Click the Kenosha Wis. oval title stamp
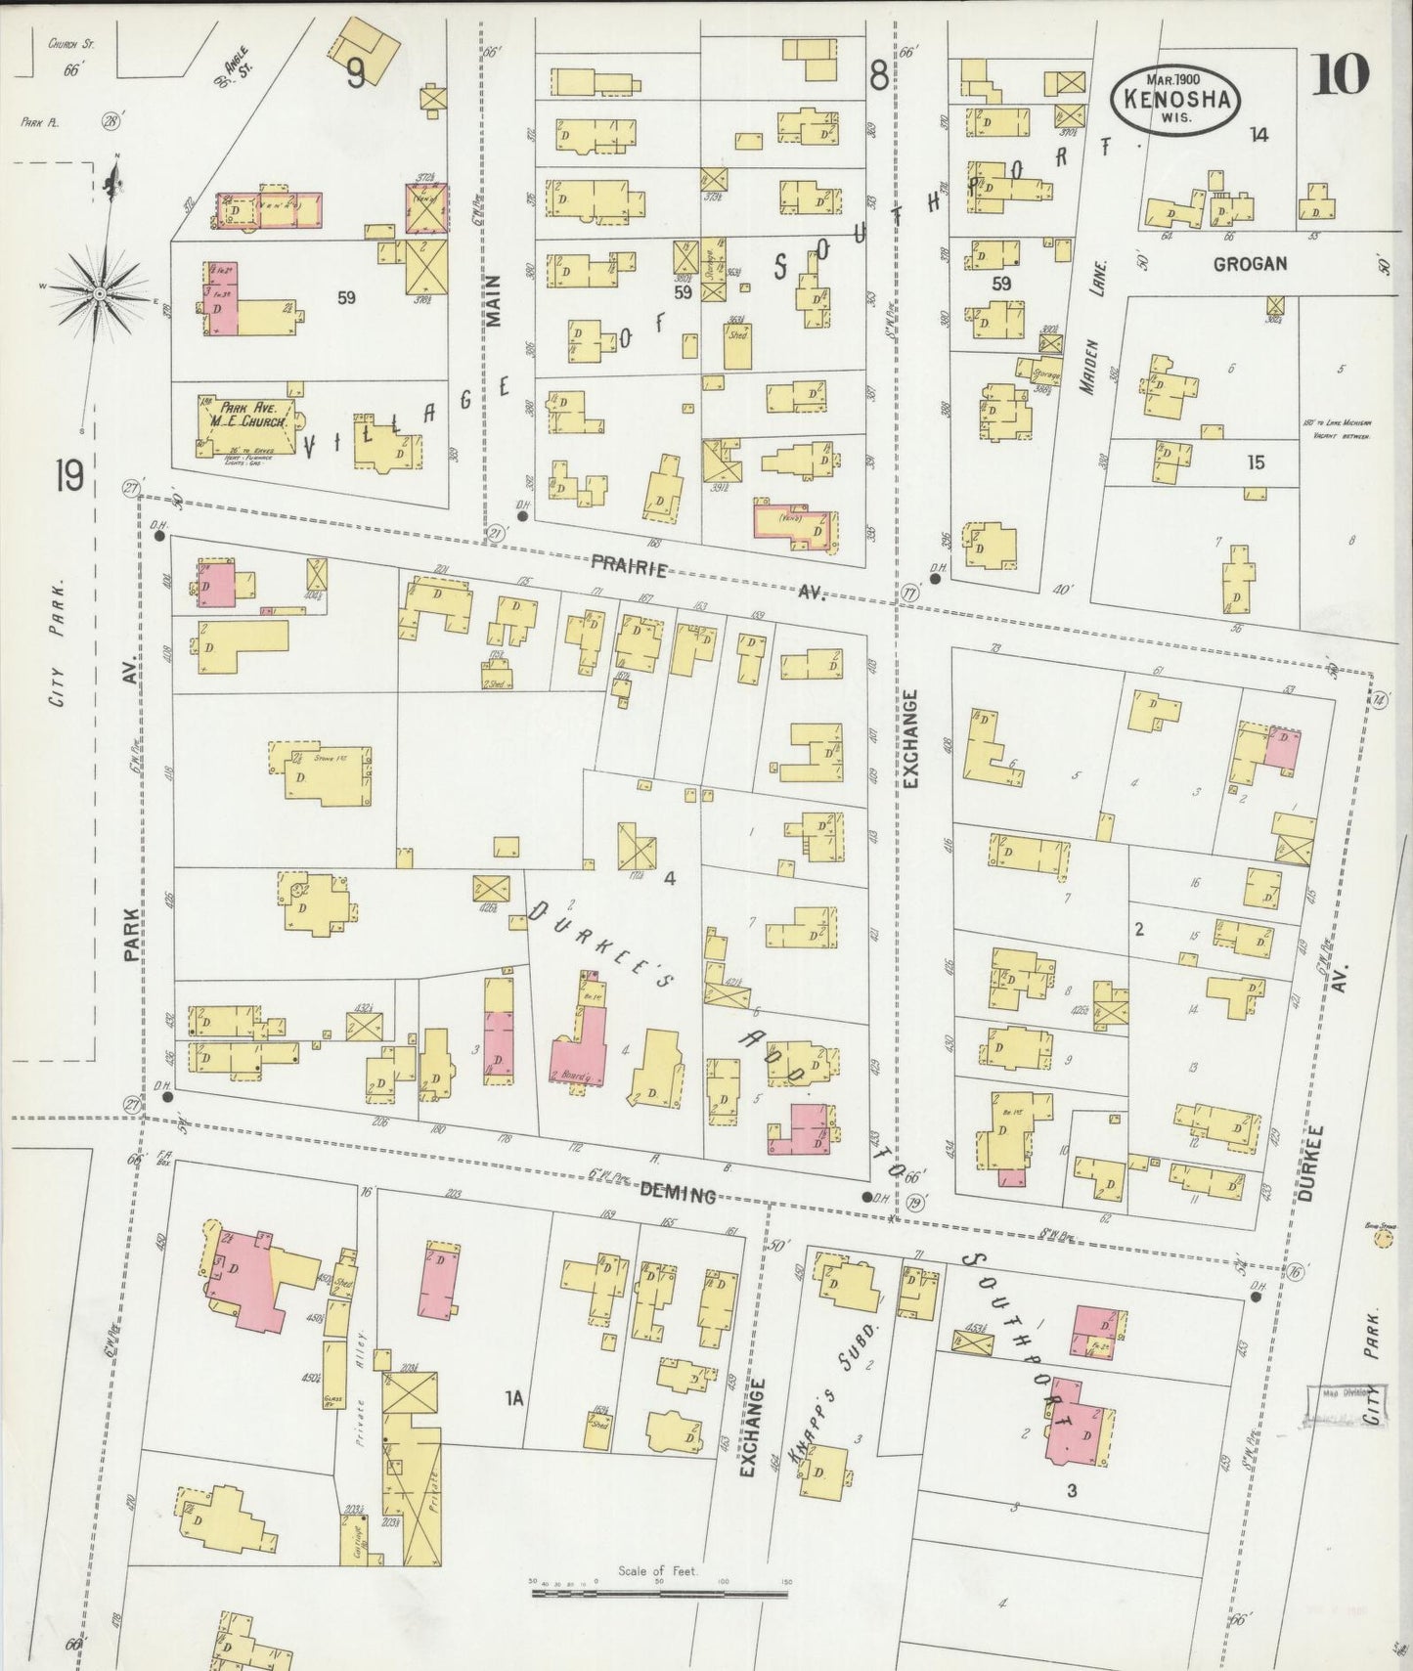point(1174,97)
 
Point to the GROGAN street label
point(1250,264)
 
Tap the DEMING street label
point(678,1194)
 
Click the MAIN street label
point(493,299)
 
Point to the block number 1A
point(513,1400)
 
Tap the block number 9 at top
point(356,73)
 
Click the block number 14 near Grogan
point(1258,135)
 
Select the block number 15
point(1256,462)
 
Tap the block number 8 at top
point(878,74)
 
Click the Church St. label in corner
point(69,43)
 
